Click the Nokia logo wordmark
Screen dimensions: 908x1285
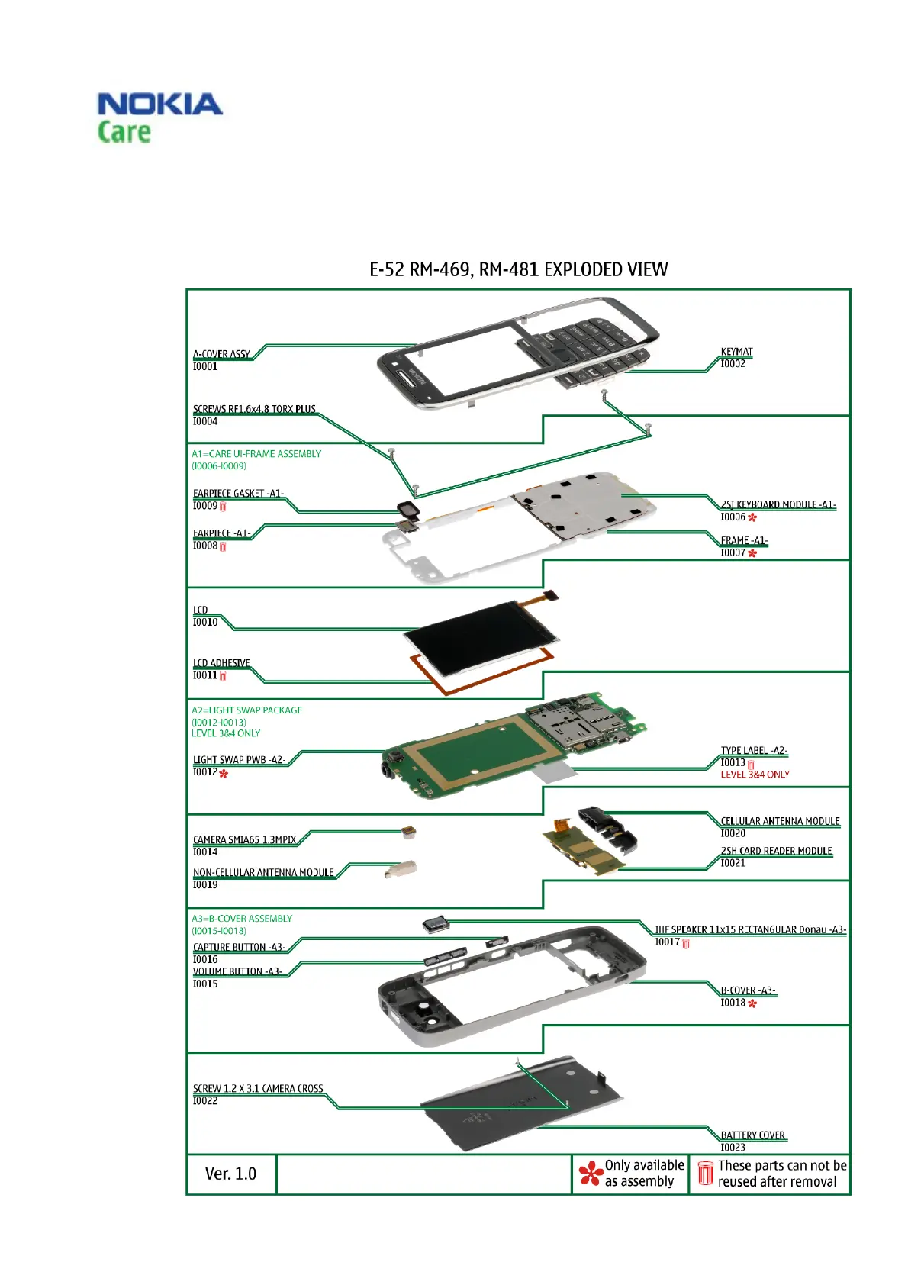(x=159, y=105)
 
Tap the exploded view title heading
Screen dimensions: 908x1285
(x=518, y=270)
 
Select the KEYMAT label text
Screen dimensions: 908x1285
(x=736, y=352)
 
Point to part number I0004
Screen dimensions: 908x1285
(x=205, y=421)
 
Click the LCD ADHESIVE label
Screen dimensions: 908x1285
(x=221, y=663)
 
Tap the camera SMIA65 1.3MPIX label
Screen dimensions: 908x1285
(x=244, y=839)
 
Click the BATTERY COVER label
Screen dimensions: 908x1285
(x=752, y=1135)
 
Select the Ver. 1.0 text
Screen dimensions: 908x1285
(x=230, y=1174)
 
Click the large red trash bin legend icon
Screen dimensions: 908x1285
(x=705, y=1174)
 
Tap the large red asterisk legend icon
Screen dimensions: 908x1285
(x=590, y=1174)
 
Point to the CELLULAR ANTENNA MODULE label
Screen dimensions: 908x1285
(x=780, y=821)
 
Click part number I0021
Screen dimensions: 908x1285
(x=733, y=863)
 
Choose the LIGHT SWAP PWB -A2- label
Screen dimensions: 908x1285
(x=239, y=759)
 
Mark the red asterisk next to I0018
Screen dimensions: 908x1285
(x=752, y=1003)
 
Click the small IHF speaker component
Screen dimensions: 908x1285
(x=436, y=926)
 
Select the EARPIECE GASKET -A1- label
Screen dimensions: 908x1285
(x=238, y=493)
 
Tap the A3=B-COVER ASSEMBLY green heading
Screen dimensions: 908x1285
(x=242, y=919)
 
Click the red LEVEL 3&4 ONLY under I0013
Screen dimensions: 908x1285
(x=755, y=775)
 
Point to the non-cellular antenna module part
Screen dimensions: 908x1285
(x=402, y=868)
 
